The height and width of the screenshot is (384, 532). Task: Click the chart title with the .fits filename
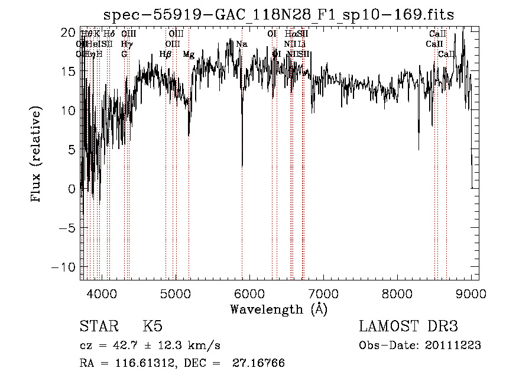pyautogui.click(x=279, y=14)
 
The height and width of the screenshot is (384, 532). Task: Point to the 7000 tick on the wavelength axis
pyautogui.click(x=323, y=292)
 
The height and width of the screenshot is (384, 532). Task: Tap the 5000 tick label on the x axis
pyautogui.click(x=176, y=292)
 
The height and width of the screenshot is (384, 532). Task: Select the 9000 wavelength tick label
pyautogui.click(x=471, y=292)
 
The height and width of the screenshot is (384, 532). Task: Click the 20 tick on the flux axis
pyautogui.click(x=69, y=32)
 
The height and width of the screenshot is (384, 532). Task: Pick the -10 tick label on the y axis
pyautogui.click(x=66, y=267)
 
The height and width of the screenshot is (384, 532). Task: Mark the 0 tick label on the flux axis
pyautogui.click(x=72, y=189)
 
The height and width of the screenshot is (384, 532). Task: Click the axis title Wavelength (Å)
pyautogui.click(x=278, y=309)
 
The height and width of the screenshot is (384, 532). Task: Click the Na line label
pyautogui.click(x=241, y=44)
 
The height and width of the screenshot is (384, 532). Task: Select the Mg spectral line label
pyautogui.click(x=189, y=54)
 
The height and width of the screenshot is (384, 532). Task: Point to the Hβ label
pyautogui.click(x=166, y=54)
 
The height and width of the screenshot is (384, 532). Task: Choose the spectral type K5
pyautogui.click(x=153, y=327)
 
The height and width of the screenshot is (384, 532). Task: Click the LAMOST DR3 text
pyautogui.click(x=408, y=327)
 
